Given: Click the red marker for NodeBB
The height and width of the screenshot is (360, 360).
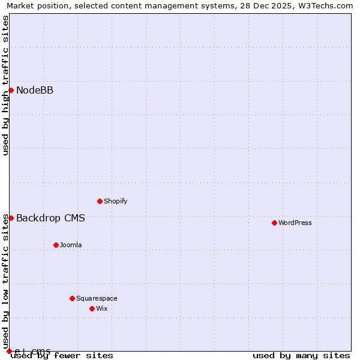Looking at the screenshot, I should point(11,91).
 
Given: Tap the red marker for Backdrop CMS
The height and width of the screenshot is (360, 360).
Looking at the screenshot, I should point(11,218).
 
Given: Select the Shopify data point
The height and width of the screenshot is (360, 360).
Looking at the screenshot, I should point(100,201).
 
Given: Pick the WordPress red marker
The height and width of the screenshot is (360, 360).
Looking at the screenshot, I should point(274,223).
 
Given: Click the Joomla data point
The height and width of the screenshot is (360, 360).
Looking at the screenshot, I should point(56,245).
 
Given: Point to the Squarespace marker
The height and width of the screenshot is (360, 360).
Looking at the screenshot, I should point(72,298).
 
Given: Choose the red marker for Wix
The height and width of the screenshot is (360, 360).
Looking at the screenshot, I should point(92,308).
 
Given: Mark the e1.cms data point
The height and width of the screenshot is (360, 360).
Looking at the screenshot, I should point(9,351).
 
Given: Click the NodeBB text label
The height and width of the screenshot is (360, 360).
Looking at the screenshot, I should point(35,91).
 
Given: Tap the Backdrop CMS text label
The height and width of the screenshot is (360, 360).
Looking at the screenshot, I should point(50,218).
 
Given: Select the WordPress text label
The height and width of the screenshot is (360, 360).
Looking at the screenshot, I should point(295,223).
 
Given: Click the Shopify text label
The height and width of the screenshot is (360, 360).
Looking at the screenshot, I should point(116,201).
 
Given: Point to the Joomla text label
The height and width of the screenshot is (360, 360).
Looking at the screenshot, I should point(71,245).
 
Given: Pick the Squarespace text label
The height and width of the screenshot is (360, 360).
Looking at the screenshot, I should point(97,298).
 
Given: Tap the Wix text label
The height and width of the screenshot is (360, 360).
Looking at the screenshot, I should point(102,308).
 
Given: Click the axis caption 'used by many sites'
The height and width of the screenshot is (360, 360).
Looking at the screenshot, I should point(301,356).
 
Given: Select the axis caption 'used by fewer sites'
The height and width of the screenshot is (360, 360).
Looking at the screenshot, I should point(62,356).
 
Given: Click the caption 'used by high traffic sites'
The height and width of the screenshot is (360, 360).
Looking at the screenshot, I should point(5,85).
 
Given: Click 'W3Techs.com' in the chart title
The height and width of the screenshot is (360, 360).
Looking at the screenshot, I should point(328,6).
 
